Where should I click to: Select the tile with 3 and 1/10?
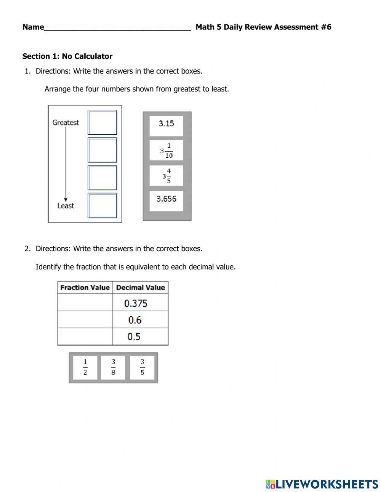[166, 151]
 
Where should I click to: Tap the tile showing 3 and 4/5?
[166, 176]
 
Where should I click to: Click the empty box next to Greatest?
[102, 122]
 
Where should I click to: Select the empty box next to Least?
[102, 205]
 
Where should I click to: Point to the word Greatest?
[66, 123]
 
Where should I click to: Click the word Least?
[66, 206]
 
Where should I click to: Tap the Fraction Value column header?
[85, 288]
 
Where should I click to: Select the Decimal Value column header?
[140, 288]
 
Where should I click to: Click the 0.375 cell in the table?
[140, 303]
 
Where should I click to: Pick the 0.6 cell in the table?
[140, 320]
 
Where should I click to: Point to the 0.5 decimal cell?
[140, 337]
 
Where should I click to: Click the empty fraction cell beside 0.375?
[85, 303]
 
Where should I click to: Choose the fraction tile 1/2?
[85, 367]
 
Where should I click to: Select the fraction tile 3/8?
[113, 367]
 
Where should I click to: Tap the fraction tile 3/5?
[142, 367]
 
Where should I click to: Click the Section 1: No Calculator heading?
[67, 56]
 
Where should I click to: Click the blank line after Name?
[117, 27]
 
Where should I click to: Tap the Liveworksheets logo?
[322, 484]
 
